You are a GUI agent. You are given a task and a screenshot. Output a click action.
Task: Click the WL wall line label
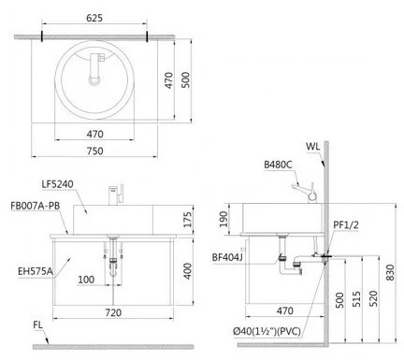pos(312,146)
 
